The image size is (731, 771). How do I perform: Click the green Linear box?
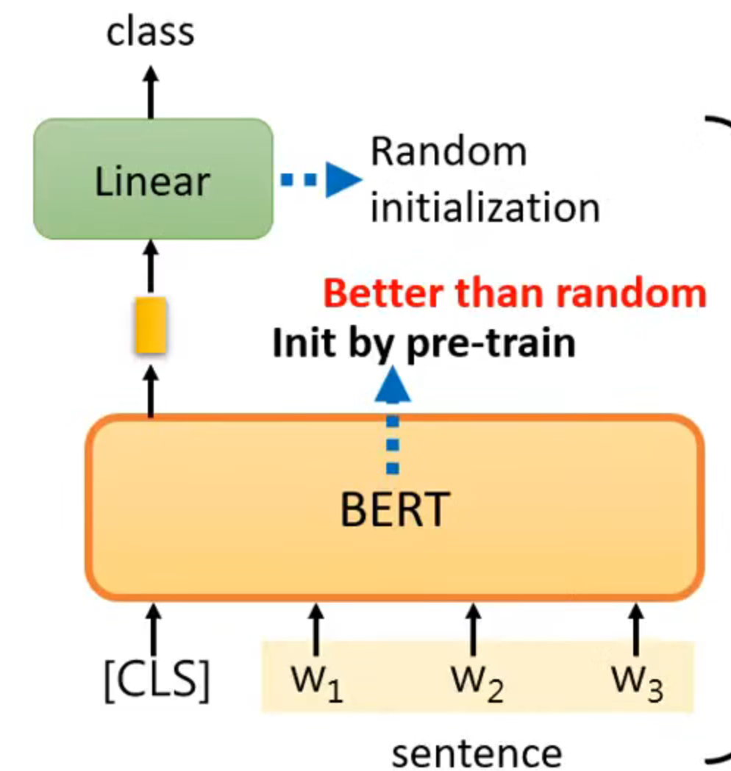tap(153, 179)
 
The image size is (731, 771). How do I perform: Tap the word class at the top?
tap(150, 32)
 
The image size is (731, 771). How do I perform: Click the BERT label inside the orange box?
tap(394, 509)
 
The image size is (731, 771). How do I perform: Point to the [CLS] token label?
tap(155, 680)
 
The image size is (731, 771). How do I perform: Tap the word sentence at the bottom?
tap(477, 752)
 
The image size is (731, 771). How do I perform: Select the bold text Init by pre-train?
tap(424, 343)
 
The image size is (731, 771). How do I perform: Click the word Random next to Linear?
tap(449, 151)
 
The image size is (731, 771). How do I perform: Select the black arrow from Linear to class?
tap(151, 91)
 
